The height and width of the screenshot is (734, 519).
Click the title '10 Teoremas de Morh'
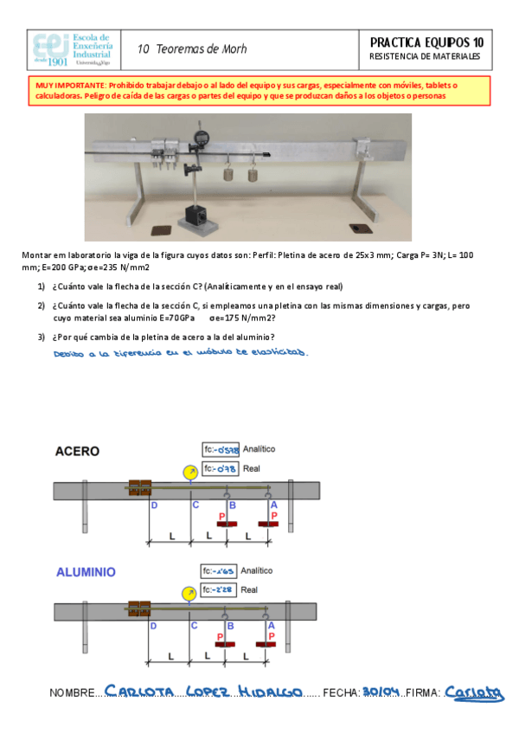(x=192, y=49)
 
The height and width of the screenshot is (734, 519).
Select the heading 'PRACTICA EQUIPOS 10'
(x=426, y=42)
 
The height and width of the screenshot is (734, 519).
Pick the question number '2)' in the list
(x=42, y=306)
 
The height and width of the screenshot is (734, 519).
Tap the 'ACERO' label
(x=77, y=451)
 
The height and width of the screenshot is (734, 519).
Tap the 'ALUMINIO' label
(x=86, y=572)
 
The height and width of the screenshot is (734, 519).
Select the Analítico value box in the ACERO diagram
(x=221, y=450)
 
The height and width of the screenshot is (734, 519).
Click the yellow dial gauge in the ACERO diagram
(x=189, y=472)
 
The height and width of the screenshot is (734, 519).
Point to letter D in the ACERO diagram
(x=154, y=505)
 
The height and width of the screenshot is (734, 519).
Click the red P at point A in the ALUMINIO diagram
(x=273, y=635)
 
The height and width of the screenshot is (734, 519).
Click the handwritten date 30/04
(x=380, y=692)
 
